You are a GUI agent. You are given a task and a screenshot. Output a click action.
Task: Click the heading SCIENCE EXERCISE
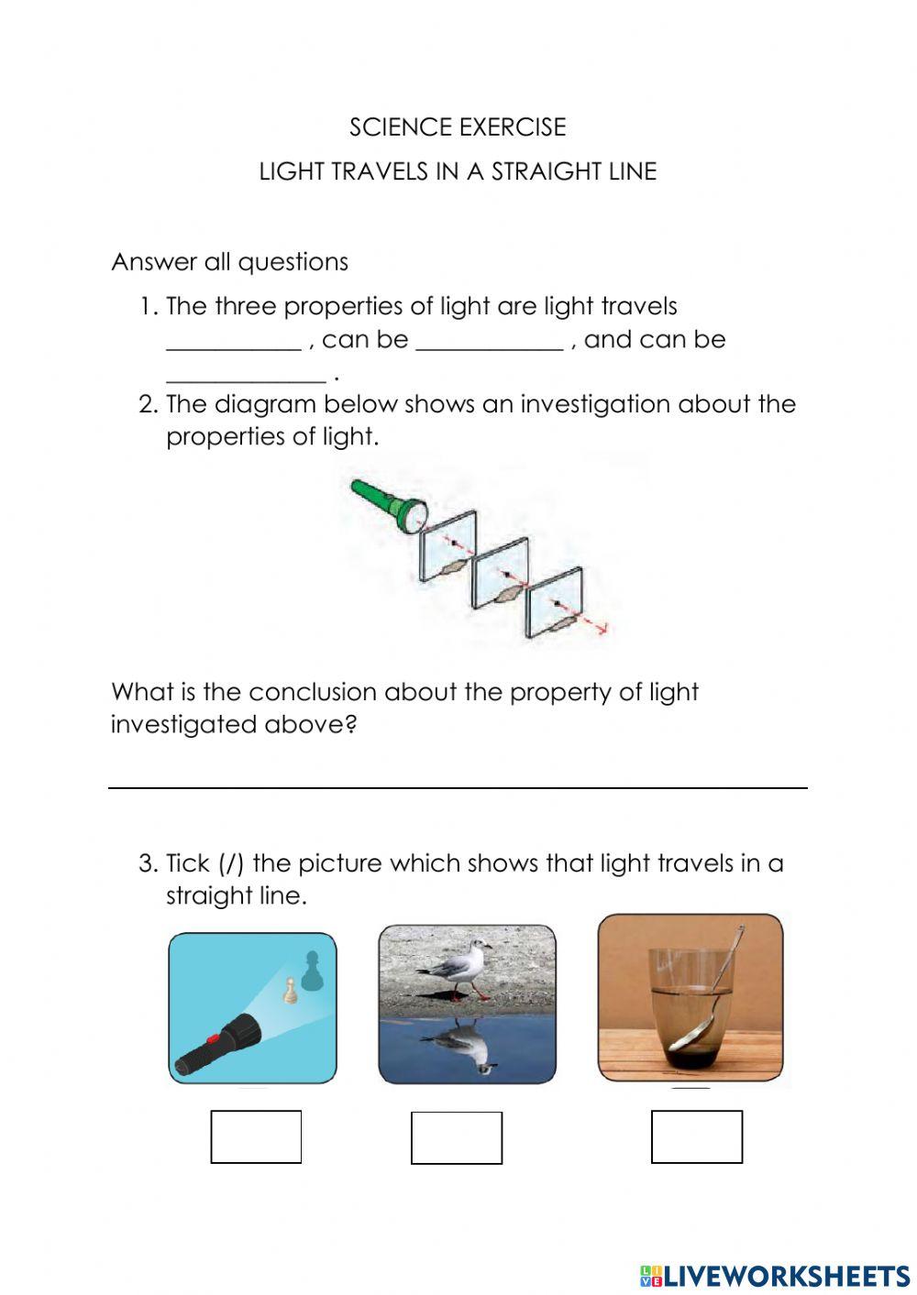click(458, 126)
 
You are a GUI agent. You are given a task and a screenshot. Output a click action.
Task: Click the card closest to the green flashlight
click(448, 544)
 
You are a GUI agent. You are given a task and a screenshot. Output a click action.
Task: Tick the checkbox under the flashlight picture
click(256, 1136)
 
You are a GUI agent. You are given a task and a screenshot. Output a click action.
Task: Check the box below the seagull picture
click(456, 1137)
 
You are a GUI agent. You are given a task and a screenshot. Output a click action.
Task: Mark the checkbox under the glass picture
click(696, 1136)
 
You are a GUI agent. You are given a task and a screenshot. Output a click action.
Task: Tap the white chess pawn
click(291, 991)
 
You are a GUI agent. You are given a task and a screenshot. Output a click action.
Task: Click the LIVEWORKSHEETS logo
click(775, 1275)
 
